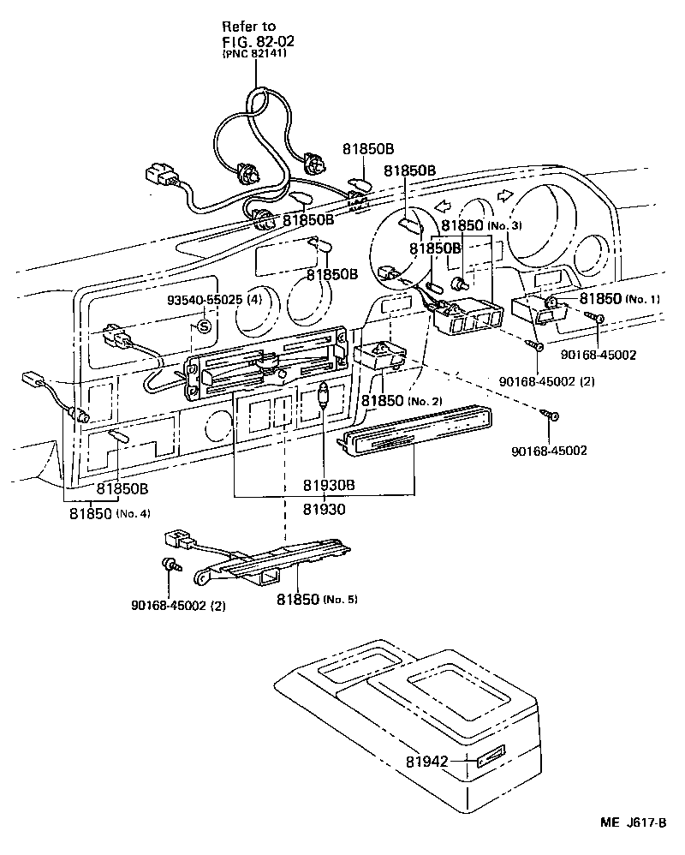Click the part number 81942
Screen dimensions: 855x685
427,760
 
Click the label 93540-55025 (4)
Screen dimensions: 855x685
203,301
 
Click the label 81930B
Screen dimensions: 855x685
328,485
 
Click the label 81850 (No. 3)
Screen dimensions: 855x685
480,226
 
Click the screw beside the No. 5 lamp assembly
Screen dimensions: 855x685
169,565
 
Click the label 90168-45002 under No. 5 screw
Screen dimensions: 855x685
179,606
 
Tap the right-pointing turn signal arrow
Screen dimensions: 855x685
504,195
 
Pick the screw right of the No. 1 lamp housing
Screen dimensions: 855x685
597,320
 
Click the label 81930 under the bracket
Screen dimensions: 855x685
323,509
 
